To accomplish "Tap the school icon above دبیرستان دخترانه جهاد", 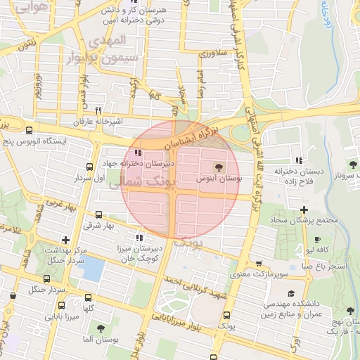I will tap(138, 153).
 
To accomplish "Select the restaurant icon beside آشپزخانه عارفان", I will tap(98, 110).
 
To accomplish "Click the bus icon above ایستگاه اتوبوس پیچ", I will tap(29, 130).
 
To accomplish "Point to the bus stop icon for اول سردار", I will tap(89, 167).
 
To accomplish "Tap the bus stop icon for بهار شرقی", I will tap(98, 215).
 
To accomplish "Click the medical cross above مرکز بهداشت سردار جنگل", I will tap(65, 240).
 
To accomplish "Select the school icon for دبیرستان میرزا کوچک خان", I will tap(139, 238).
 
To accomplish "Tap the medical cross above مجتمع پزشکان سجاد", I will tap(303, 210).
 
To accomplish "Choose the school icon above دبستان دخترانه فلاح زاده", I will tap(300, 160).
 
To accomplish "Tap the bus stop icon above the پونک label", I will tap(226, 316).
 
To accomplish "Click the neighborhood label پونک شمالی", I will tap(147, 181).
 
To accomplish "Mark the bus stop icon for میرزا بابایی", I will tap(62, 306).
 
